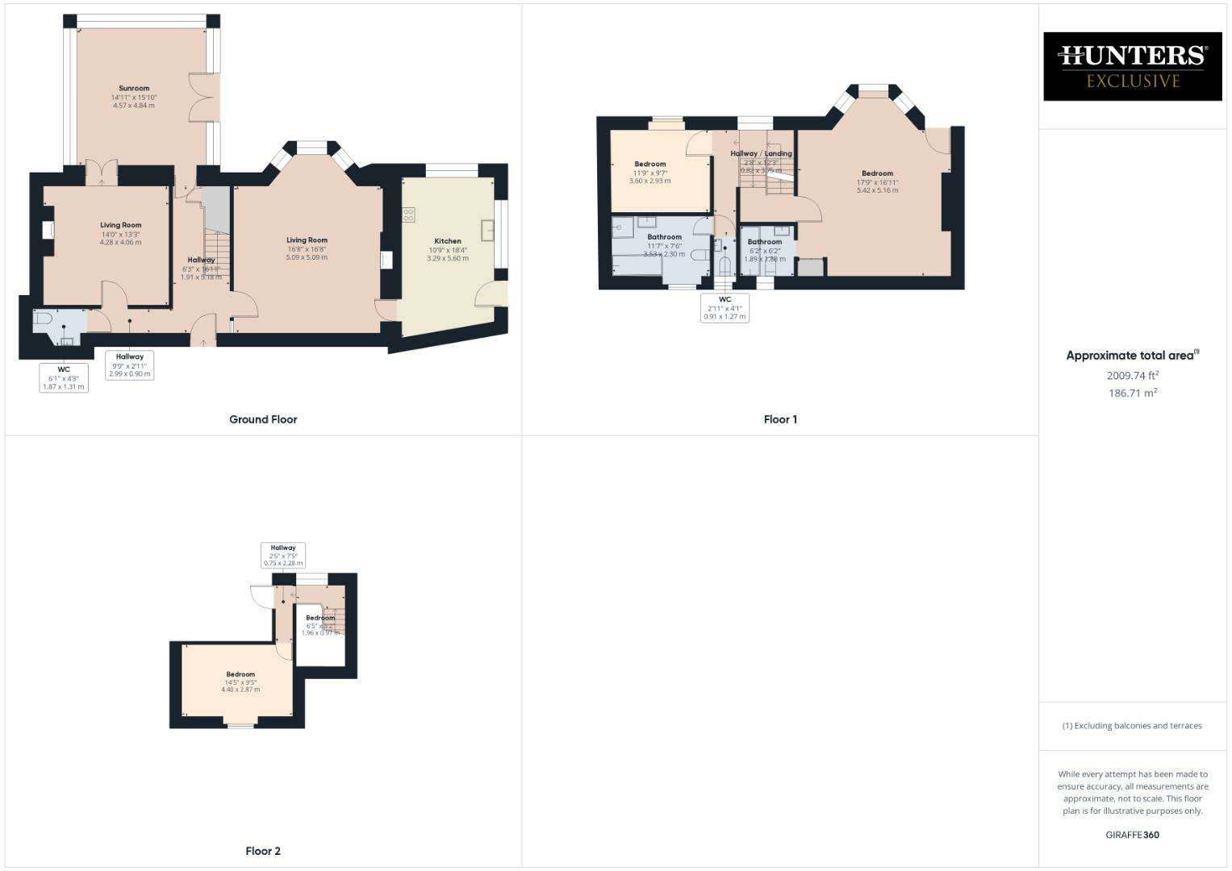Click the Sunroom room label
(134, 89)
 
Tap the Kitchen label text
(448, 241)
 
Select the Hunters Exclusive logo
(1132, 66)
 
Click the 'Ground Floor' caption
(263, 419)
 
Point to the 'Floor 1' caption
(780, 419)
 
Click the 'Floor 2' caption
(263, 851)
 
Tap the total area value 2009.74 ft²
(1133, 375)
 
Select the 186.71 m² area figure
(1133, 394)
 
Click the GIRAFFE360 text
(1132, 835)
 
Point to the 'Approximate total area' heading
(1132, 356)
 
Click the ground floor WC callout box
(64, 377)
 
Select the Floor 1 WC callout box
(725, 308)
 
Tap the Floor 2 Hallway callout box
(283, 555)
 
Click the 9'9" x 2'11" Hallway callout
(130, 365)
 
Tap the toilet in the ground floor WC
(43, 320)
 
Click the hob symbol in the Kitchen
(409, 215)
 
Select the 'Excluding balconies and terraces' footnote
(1132, 726)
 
